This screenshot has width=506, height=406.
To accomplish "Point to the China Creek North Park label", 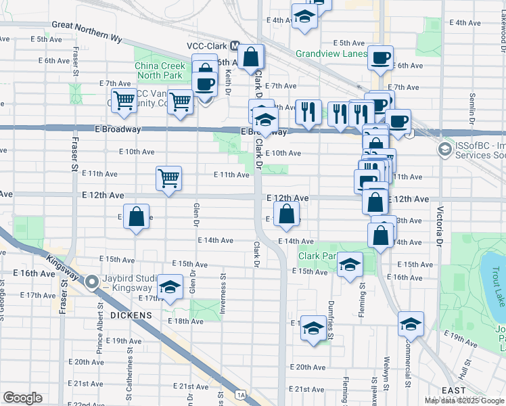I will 159,70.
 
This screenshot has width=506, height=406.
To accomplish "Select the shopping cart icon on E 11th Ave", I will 168,179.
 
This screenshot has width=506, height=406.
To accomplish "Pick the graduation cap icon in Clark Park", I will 350,264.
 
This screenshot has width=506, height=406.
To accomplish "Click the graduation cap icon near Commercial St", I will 410,324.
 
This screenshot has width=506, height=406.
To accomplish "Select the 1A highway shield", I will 240,394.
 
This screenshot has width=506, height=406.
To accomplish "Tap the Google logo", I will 22,398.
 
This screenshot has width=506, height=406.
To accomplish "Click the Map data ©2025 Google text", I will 464,401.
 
